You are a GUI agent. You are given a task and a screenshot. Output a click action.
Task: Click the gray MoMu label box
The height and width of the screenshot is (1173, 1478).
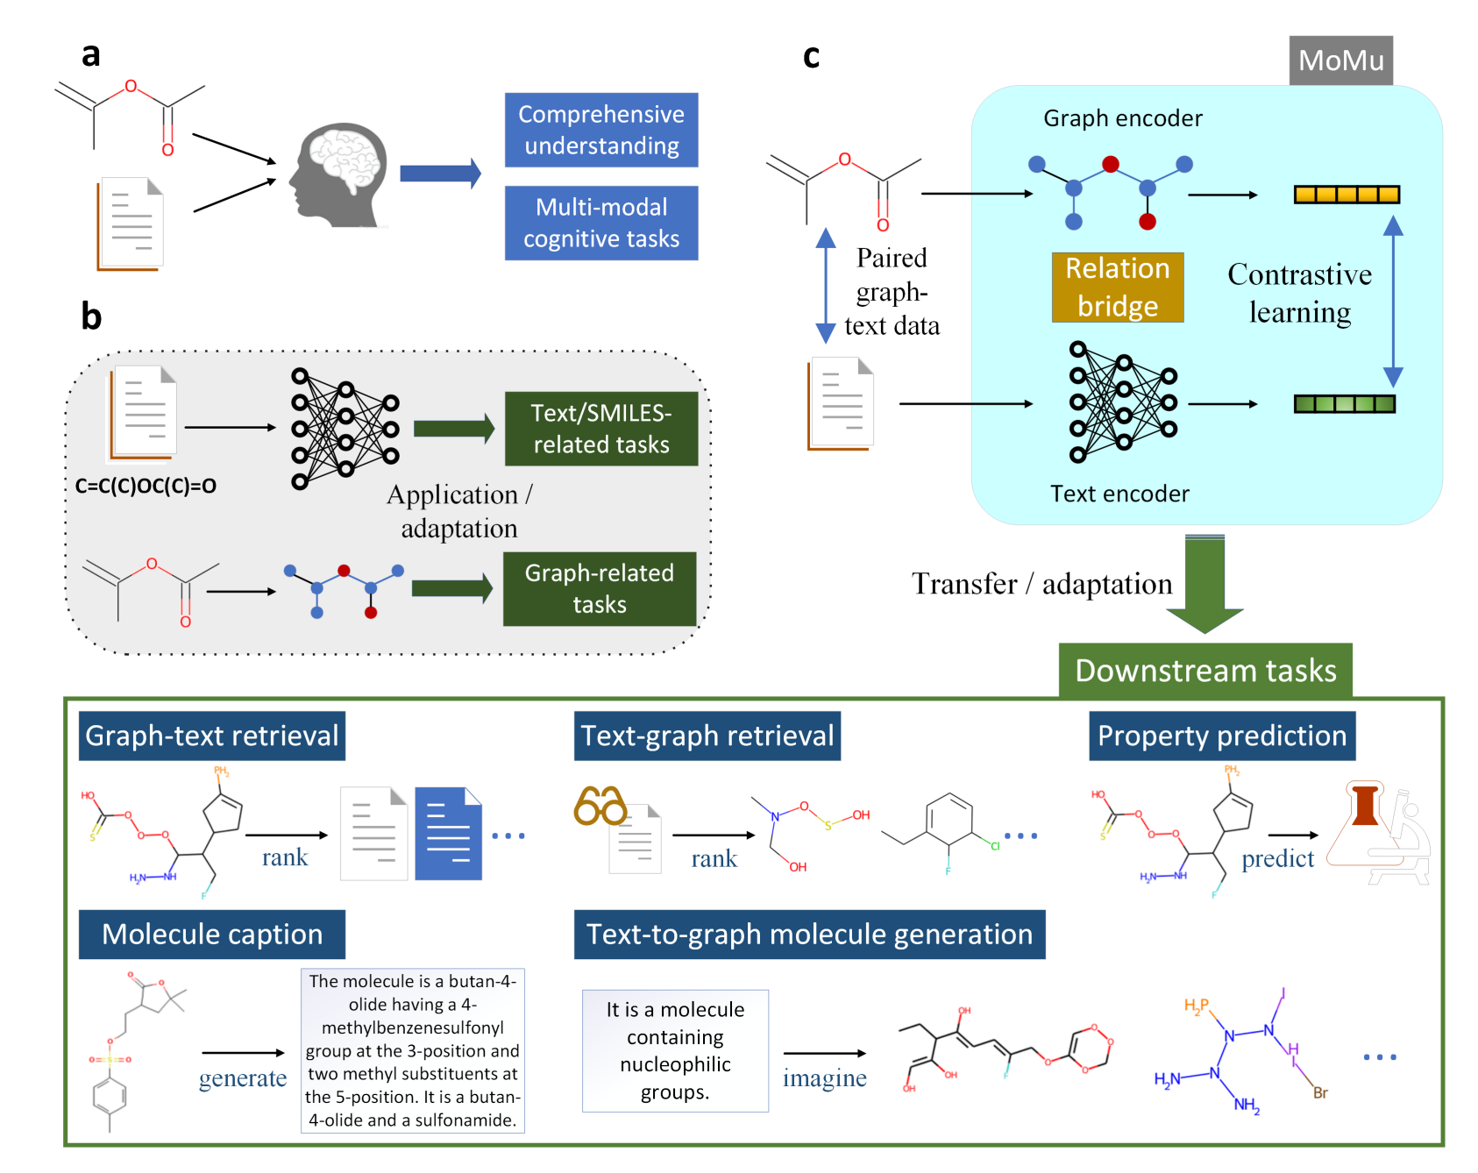point(1340,60)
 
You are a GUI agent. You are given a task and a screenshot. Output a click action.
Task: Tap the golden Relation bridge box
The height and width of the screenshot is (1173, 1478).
point(1118,288)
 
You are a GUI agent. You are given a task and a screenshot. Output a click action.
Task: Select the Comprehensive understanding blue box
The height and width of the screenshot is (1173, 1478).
point(601,130)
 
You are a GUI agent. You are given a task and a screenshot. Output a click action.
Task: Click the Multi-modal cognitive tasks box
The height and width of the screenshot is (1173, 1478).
point(601,223)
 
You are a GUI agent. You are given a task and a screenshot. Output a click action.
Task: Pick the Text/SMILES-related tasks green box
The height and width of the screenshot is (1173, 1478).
point(601,429)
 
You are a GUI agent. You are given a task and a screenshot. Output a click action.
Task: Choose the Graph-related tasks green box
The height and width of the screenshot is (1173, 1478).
point(600,588)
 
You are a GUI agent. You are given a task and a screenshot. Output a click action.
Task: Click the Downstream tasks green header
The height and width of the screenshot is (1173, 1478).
point(1205,671)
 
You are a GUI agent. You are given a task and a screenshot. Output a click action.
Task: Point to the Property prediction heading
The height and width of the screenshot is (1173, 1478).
point(1222,736)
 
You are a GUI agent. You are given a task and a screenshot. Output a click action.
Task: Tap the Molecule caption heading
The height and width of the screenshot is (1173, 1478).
point(212,935)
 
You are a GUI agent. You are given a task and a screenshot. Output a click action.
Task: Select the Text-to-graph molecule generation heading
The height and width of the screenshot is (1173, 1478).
point(809,935)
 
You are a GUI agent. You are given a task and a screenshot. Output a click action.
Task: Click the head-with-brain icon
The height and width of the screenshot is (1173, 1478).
point(339,176)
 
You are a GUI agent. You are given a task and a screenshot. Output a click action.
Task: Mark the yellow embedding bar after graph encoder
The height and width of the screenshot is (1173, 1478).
point(1347,195)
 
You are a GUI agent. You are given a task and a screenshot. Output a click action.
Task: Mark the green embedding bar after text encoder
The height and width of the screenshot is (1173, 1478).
point(1345,404)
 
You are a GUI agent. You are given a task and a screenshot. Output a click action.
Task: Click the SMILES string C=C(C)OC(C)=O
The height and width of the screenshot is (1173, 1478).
point(146,486)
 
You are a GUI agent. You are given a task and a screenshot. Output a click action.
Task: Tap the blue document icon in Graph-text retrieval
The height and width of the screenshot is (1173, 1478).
point(448,833)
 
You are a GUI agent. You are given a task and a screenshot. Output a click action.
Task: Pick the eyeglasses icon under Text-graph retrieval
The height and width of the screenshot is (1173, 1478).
point(600,806)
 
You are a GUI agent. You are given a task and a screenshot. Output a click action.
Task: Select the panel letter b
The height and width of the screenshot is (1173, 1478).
point(91,316)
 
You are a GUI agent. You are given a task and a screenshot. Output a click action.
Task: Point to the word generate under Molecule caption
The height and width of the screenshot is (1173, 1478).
point(243,1078)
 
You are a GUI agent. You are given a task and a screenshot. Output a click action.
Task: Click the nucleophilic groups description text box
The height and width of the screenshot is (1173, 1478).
point(675,1050)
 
